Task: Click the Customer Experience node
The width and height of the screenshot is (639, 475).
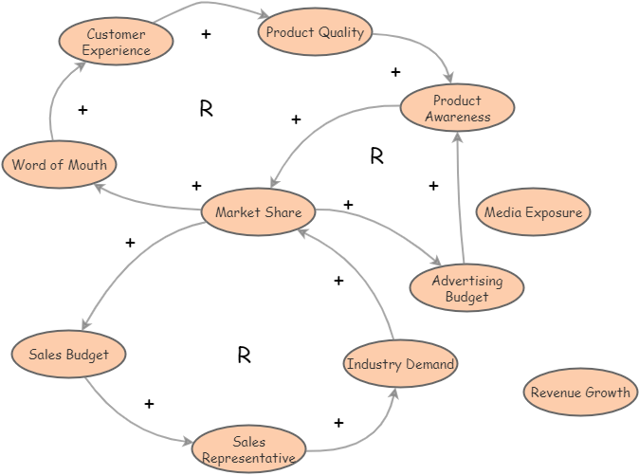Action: tap(117, 42)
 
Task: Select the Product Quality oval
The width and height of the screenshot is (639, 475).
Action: tap(315, 32)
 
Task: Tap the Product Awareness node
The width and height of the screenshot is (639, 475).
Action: tap(457, 108)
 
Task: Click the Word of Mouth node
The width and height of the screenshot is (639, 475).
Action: tap(60, 165)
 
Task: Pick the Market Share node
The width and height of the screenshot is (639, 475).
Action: tap(258, 212)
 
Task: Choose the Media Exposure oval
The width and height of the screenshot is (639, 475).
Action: tap(533, 212)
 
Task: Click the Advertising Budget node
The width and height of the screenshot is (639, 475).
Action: tap(466, 288)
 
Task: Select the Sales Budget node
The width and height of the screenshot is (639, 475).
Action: tap(68, 355)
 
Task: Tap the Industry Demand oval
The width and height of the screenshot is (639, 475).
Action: tap(400, 364)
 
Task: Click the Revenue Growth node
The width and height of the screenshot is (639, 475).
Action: tap(580, 393)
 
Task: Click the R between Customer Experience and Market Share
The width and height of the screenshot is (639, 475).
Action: tap(206, 109)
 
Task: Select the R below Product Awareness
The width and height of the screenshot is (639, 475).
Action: tap(376, 156)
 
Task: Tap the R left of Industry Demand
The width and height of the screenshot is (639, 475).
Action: tap(244, 356)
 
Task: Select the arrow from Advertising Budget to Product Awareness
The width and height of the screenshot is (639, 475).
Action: tap(460, 199)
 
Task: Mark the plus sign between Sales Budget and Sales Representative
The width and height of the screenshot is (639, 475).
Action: tap(149, 404)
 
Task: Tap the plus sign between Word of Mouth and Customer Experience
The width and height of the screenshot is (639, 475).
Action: tap(82, 110)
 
